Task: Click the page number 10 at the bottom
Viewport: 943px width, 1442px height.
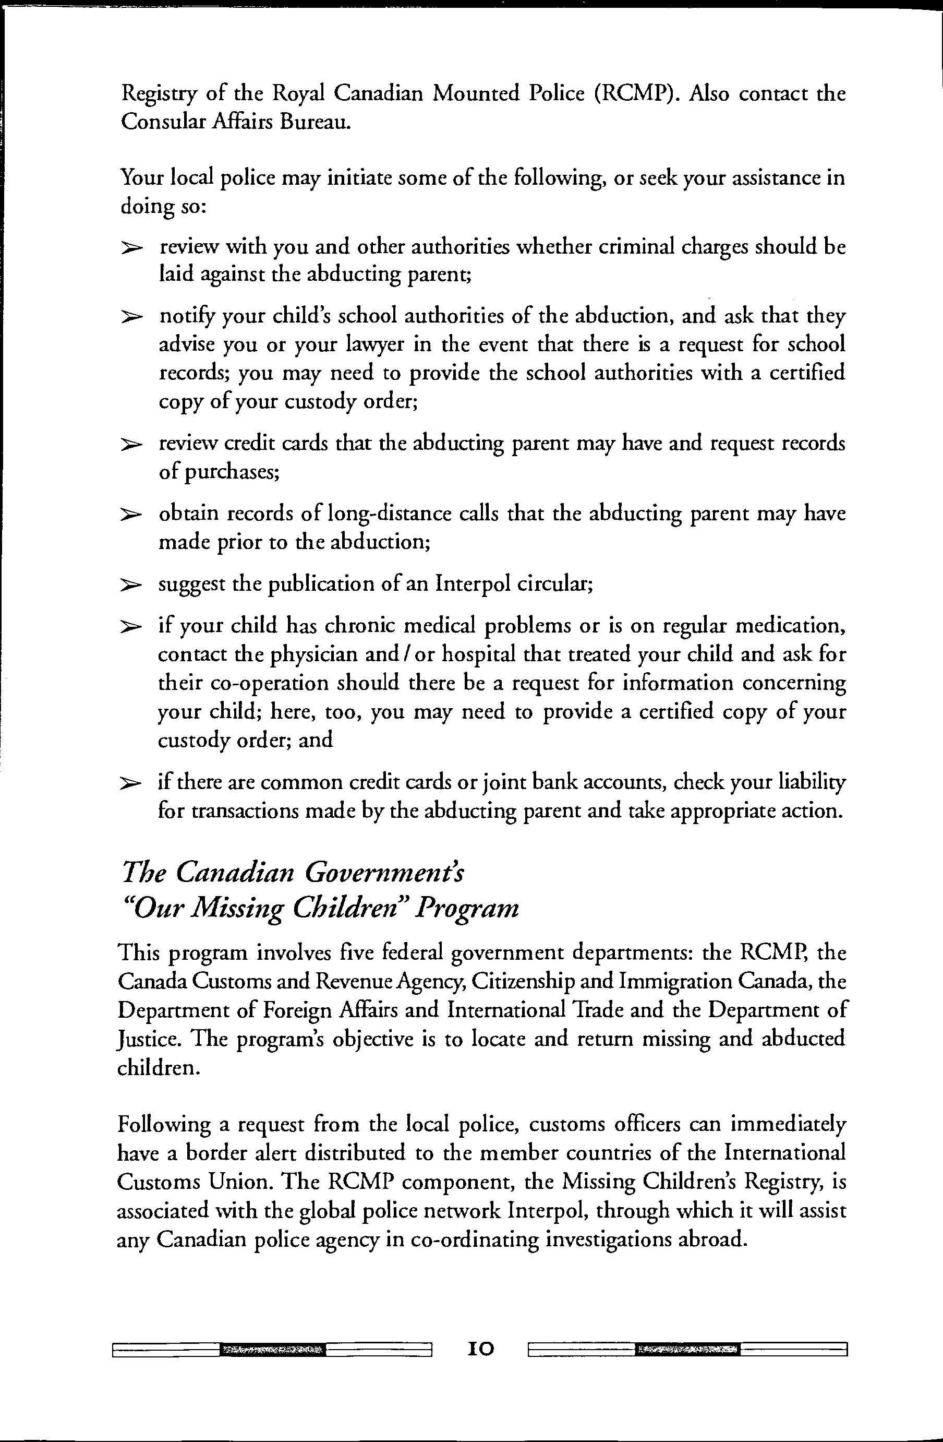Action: click(x=481, y=1349)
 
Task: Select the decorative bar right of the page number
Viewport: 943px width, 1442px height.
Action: click(x=687, y=1349)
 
